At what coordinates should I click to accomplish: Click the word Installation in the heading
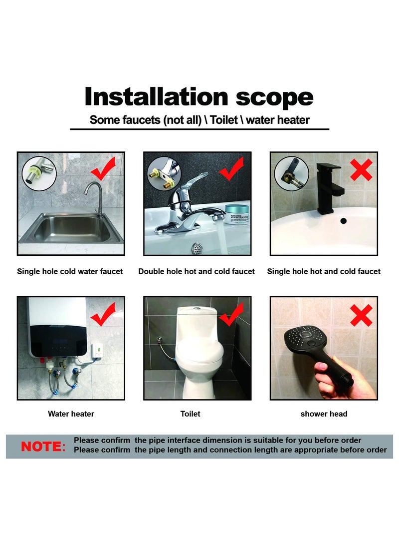(156, 96)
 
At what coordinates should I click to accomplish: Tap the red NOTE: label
(43, 447)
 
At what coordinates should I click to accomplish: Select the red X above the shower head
(361, 315)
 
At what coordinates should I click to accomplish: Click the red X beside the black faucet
(361, 170)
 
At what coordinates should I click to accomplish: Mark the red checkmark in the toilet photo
(231, 314)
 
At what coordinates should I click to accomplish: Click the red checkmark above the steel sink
(103, 168)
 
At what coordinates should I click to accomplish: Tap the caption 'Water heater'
(71, 414)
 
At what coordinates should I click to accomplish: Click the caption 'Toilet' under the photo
(190, 414)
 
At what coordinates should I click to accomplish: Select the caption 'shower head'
(324, 414)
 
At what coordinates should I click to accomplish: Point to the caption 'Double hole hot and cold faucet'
(197, 271)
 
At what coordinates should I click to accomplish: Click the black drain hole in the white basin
(343, 220)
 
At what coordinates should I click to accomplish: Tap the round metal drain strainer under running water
(197, 248)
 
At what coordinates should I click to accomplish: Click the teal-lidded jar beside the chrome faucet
(237, 214)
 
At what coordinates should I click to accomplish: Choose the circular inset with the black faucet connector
(291, 173)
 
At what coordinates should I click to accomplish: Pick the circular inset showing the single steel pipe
(39, 173)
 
